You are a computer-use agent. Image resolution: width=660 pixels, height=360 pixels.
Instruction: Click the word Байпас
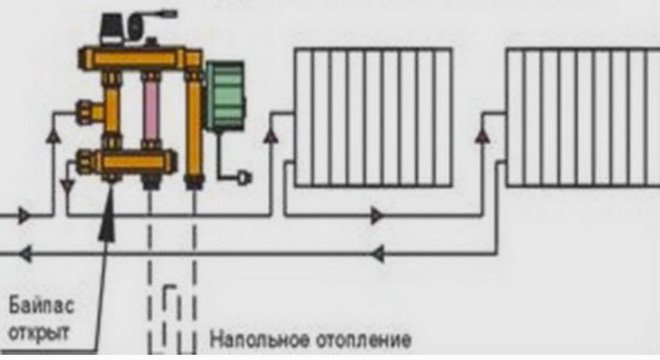[x=37, y=303]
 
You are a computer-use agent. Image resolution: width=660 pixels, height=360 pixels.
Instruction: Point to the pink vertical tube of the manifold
[x=151, y=115]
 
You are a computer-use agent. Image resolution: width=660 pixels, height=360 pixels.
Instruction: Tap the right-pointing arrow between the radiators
[x=377, y=215]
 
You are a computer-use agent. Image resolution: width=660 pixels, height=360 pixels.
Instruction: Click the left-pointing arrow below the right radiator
[x=377, y=254]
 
